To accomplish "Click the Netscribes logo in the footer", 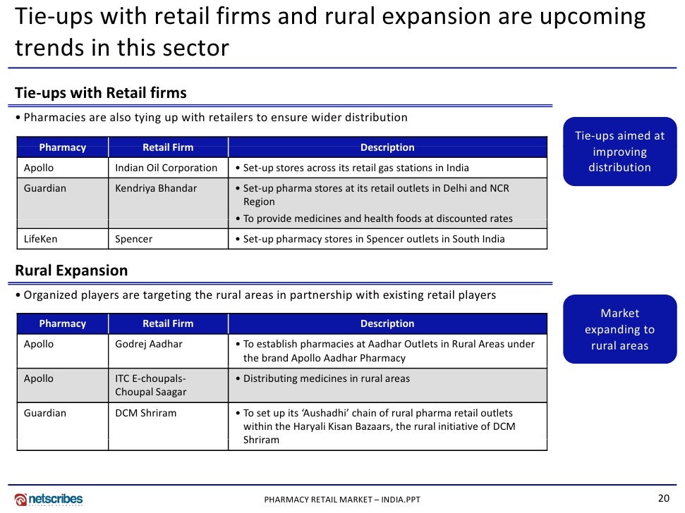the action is click(x=49, y=499).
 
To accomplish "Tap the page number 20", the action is click(x=663, y=498).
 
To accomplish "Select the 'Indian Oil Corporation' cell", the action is click(x=166, y=168).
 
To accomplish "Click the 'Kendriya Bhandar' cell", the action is click(x=156, y=188).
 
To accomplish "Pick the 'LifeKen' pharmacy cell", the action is click(x=41, y=239).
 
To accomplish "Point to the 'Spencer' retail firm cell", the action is click(x=134, y=239).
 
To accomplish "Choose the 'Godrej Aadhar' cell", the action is click(x=149, y=344).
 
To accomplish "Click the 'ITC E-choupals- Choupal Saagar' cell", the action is click(x=151, y=385).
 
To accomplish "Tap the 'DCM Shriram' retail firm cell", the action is click(x=146, y=413).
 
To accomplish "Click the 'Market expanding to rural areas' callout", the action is click(x=619, y=329).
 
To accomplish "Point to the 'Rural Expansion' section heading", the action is click(x=71, y=271).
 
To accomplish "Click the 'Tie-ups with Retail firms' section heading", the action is click(x=101, y=93).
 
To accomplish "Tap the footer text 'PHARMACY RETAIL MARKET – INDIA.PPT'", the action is click(x=342, y=500).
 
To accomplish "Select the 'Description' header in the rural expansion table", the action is click(x=387, y=323).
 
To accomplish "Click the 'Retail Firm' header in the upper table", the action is click(x=168, y=147).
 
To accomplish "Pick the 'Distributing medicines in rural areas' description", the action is click(x=327, y=378).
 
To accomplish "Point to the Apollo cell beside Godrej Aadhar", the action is click(x=39, y=344).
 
